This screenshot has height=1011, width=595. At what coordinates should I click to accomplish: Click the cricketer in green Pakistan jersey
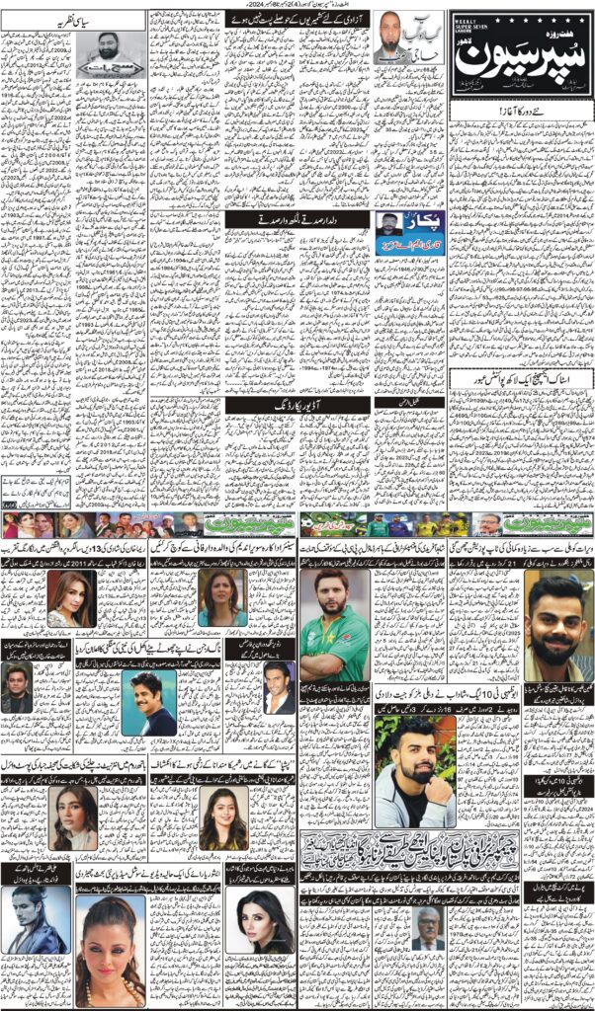(333, 625)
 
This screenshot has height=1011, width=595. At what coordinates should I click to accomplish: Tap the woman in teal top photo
(221, 598)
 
